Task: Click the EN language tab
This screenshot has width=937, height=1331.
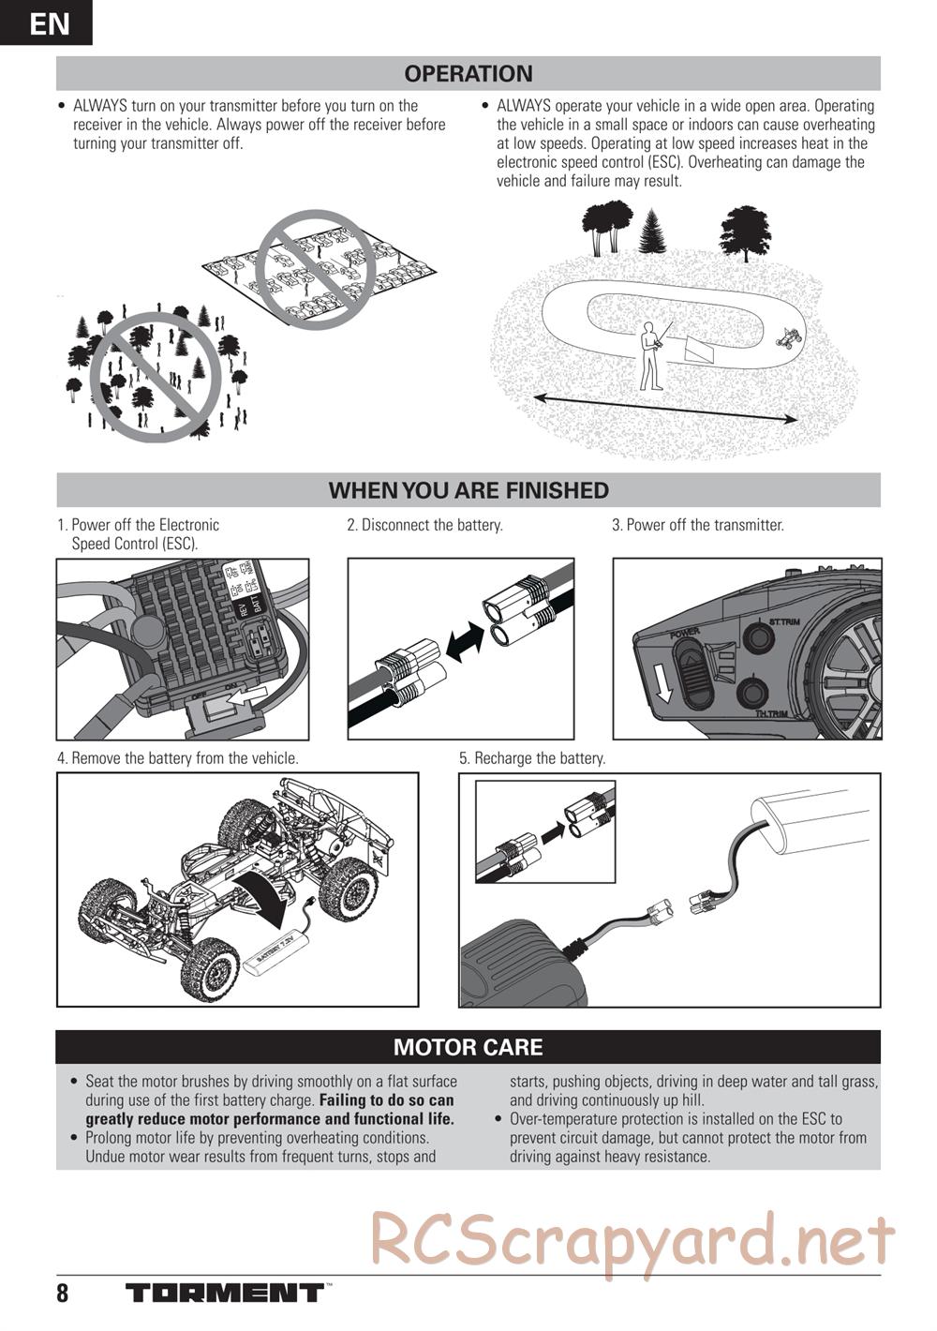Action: coord(46,22)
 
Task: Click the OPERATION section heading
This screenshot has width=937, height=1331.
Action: coord(468,73)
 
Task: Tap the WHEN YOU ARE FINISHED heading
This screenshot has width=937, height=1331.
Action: coord(468,490)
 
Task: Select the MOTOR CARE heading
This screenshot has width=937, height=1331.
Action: coord(468,1047)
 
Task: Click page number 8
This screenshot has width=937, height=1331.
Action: coord(63,1294)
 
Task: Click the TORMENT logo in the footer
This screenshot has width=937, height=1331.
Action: coord(225,1294)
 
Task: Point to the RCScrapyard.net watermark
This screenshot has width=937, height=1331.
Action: coord(632,1240)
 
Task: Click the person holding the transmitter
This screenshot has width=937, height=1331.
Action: coord(649,356)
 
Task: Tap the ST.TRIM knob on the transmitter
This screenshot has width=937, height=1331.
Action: coord(756,638)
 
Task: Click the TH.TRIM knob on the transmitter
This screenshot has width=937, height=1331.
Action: coord(752,694)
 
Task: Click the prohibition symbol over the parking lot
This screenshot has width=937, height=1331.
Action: coord(315,269)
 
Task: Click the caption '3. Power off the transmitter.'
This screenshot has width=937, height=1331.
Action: coord(697,525)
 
